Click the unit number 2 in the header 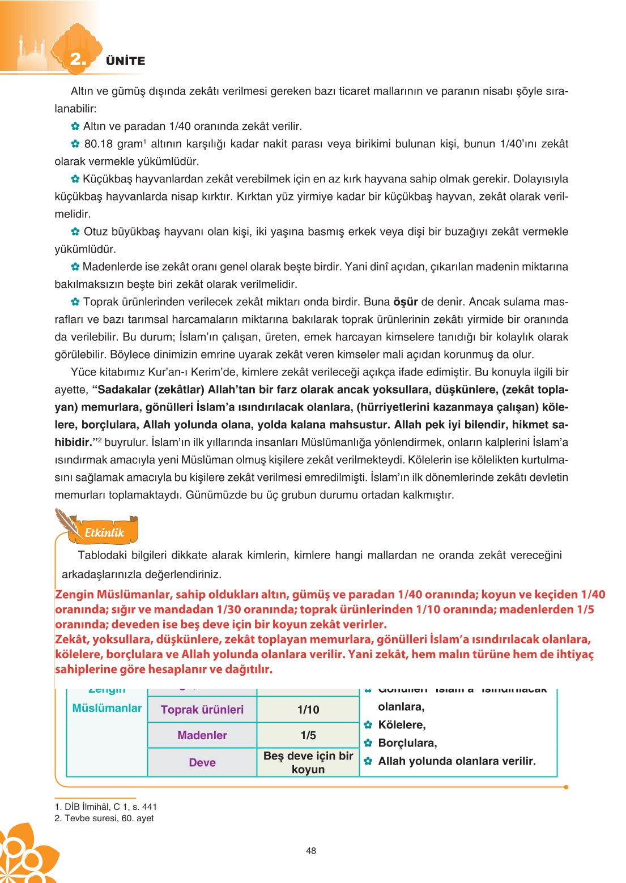coord(77,59)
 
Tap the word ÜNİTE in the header coord(125,61)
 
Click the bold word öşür coord(405,302)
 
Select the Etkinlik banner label coord(104,532)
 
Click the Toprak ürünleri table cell coord(202,710)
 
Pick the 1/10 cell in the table coord(308,710)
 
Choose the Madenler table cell coord(202,735)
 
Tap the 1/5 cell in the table coord(308,735)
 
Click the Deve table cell coord(202,762)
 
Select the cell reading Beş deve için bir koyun coord(308,762)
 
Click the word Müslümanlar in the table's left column coord(107,708)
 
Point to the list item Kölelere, coord(402,725)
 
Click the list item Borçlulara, coord(407,743)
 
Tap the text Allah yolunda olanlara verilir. coord(457,761)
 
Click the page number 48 coord(311,851)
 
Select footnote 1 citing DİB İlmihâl coord(106,807)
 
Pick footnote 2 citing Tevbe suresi coord(104,818)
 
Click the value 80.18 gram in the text coord(113,144)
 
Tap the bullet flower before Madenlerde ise coord(75,267)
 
